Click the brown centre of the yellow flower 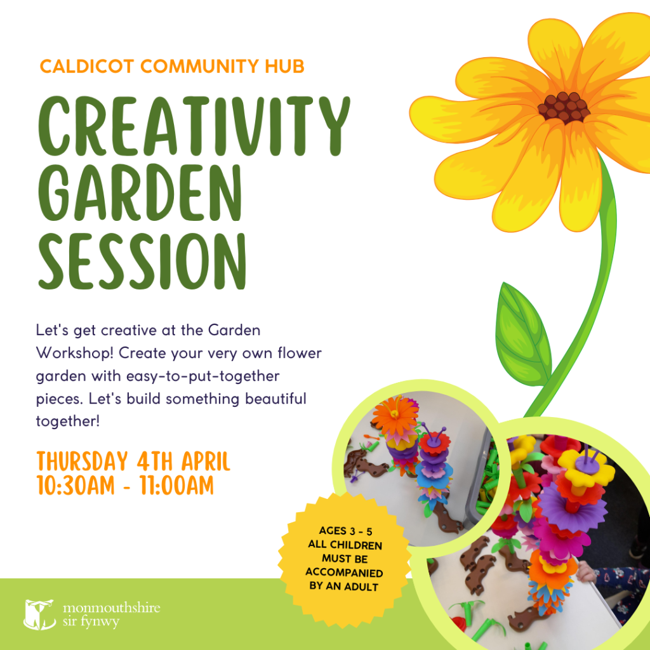(x=564, y=107)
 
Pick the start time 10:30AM (x=75, y=487)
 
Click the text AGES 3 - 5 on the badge (x=345, y=531)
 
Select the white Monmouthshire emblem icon (x=39, y=614)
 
